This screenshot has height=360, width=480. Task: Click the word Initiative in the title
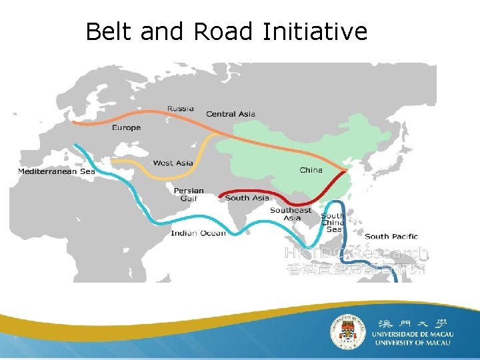pyautogui.click(x=315, y=31)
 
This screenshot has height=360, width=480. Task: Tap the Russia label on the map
pyautogui.click(x=181, y=109)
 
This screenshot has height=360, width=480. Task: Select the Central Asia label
pyautogui.click(x=231, y=114)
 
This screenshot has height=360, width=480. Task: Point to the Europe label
pyautogui.click(x=126, y=127)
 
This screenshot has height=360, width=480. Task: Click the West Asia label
pyautogui.click(x=173, y=163)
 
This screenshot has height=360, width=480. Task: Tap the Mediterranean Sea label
pyautogui.click(x=56, y=171)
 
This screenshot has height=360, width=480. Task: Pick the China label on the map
pyautogui.click(x=311, y=170)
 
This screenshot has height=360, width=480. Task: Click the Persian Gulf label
pyautogui.click(x=189, y=195)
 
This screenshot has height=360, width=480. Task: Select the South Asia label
pyautogui.click(x=247, y=198)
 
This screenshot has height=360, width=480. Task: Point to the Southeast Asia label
pyautogui.click(x=291, y=214)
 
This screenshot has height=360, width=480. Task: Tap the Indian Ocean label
pyautogui.click(x=198, y=233)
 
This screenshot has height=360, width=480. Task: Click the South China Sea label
pyautogui.click(x=333, y=223)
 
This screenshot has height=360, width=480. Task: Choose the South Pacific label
pyautogui.click(x=391, y=236)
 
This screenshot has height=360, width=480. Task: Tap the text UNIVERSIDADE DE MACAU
pyautogui.click(x=413, y=333)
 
